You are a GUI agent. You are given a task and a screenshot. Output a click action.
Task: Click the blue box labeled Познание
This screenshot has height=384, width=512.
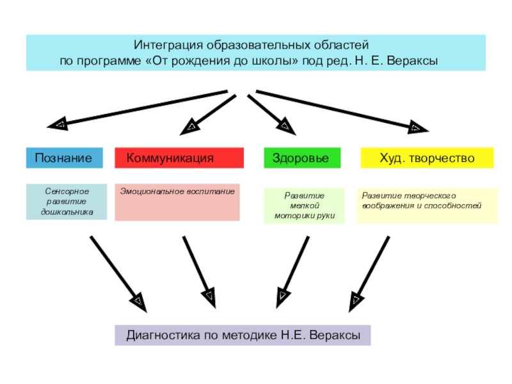point(64,158)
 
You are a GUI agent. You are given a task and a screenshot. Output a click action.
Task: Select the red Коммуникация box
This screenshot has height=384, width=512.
point(179,158)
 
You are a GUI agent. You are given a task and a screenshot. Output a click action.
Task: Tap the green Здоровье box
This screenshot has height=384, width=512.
point(302,158)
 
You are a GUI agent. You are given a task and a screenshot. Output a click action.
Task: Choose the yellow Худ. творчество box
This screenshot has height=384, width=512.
point(428,158)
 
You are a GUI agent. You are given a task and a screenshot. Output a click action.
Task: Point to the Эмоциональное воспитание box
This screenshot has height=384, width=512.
point(178,202)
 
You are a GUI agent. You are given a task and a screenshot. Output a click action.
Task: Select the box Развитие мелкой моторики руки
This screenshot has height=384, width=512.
point(304,206)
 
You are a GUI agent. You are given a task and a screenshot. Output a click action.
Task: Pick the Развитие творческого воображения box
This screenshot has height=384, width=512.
point(427,205)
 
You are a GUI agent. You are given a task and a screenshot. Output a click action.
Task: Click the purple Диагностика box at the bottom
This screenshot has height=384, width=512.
point(243,335)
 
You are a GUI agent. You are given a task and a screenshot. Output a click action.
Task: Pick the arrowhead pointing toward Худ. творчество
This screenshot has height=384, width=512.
point(416,127)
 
